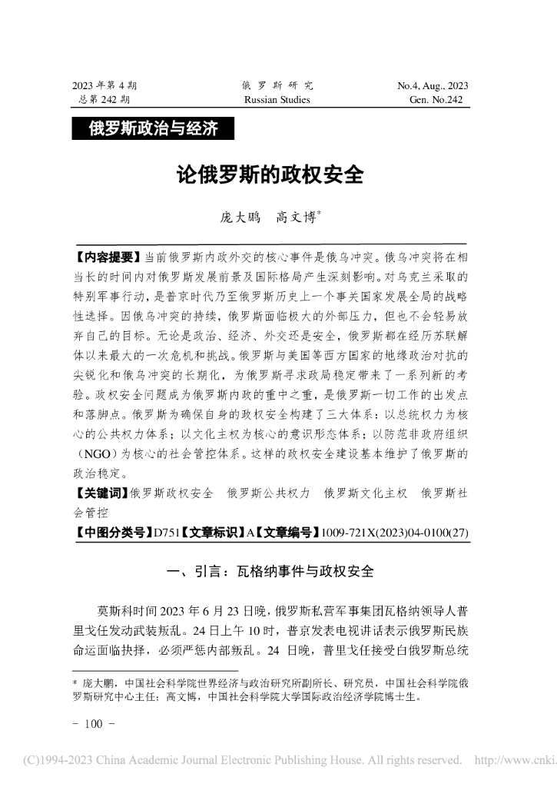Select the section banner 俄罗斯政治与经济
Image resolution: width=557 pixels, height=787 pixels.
click(153, 128)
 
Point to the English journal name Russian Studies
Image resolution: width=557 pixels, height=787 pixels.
click(277, 100)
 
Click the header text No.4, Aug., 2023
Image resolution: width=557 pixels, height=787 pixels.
click(433, 85)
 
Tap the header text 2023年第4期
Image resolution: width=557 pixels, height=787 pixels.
click(104, 85)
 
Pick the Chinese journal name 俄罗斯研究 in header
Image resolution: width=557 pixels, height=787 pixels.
click(277, 85)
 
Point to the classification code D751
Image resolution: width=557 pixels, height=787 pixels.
click(168, 530)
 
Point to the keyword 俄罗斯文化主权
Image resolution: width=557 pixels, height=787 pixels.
click(366, 493)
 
